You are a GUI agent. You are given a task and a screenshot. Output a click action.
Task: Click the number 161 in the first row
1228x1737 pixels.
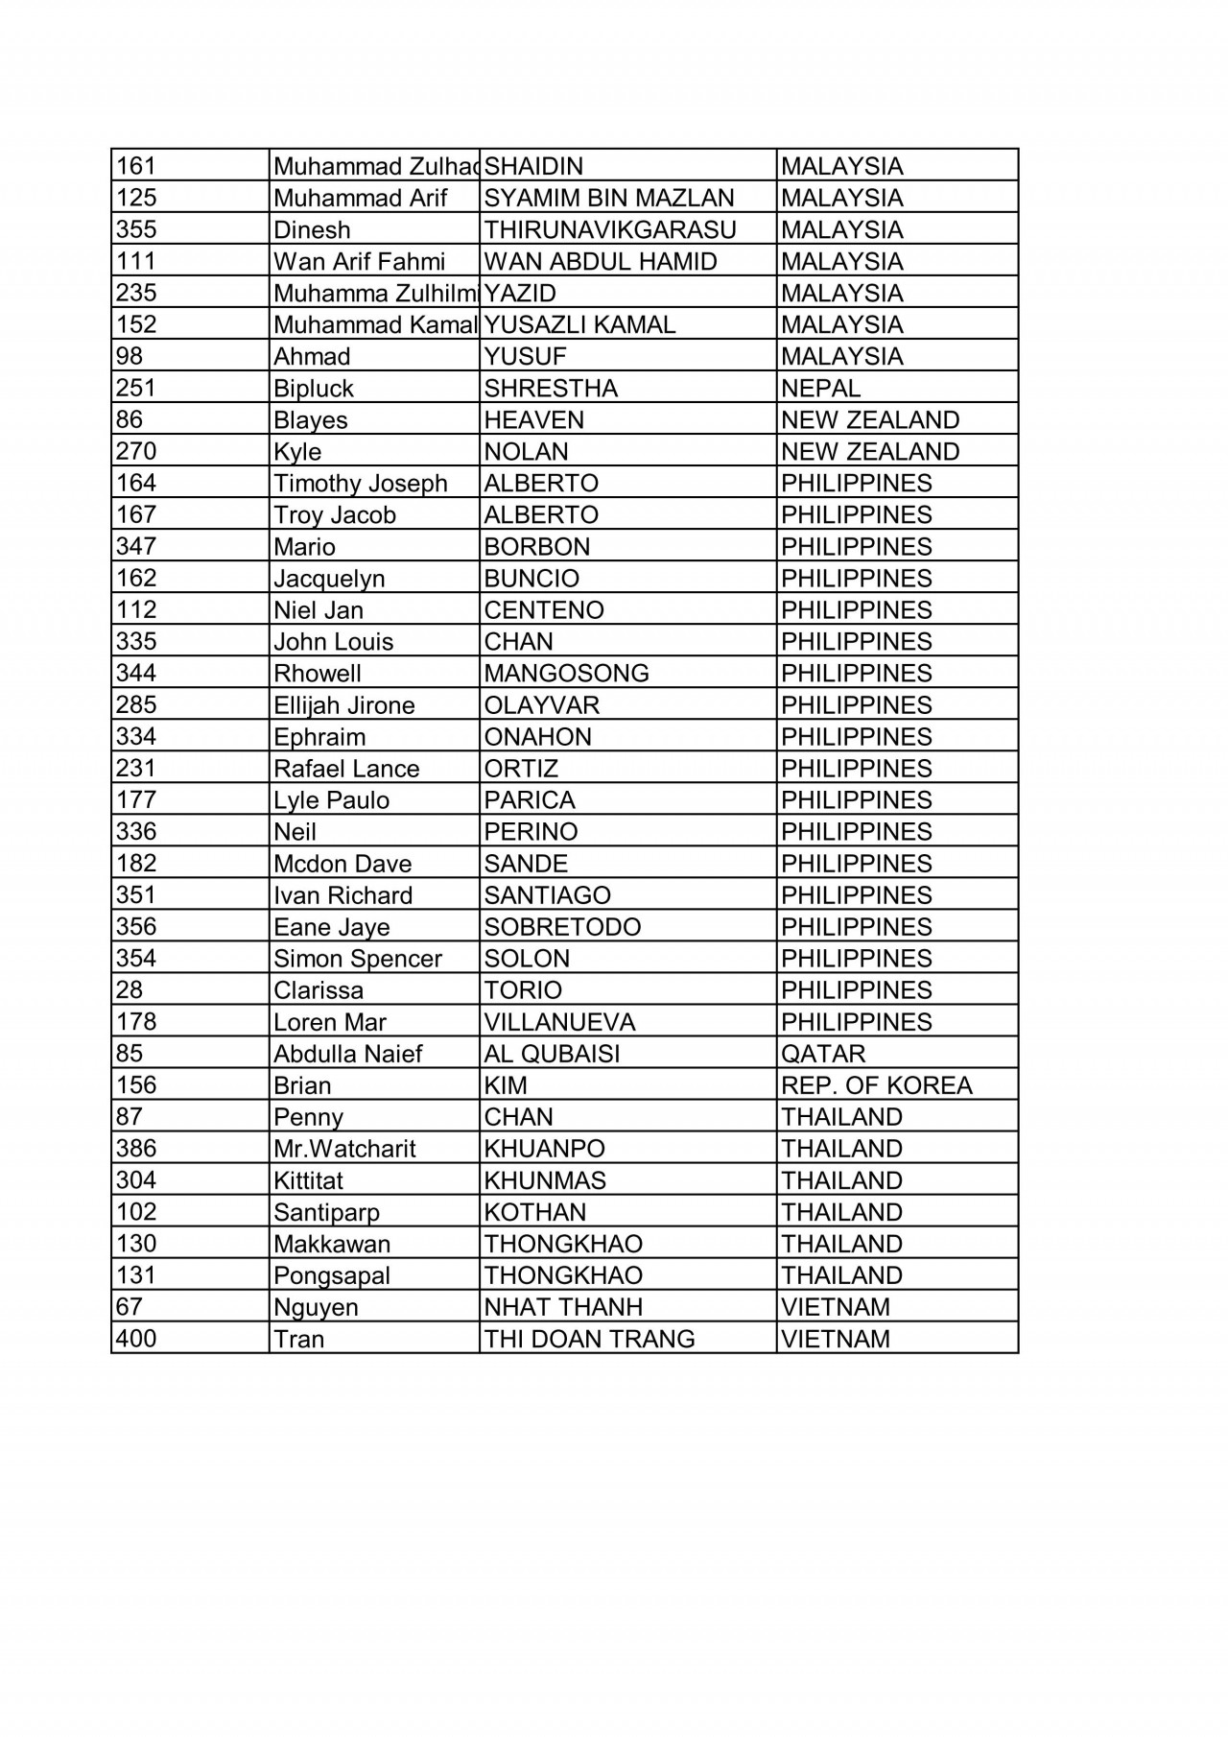tap(136, 166)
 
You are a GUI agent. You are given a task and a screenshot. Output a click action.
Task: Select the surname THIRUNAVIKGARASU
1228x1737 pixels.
tap(610, 229)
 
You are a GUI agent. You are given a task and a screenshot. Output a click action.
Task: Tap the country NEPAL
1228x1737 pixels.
tap(820, 388)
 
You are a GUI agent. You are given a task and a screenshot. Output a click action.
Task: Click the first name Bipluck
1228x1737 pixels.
tap(314, 389)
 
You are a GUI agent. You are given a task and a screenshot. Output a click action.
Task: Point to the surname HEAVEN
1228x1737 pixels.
tap(533, 419)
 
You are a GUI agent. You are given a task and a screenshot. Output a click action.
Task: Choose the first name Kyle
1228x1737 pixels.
tap(297, 452)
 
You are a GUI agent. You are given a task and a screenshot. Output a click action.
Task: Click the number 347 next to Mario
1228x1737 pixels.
tap(136, 546)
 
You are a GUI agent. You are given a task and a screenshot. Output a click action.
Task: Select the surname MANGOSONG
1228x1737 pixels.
tap(566, 673)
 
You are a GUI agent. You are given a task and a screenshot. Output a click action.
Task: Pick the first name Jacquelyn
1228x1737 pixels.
tap(329, 579)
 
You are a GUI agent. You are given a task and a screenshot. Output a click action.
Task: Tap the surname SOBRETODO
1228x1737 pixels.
tap(562, 926)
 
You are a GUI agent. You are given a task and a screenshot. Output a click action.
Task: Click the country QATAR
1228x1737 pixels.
tap(823, 1053)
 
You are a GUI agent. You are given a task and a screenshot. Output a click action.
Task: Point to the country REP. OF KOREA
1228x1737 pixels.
tap(876, 1084)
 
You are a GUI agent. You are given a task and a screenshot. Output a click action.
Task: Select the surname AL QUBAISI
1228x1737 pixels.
tap(552, 1053)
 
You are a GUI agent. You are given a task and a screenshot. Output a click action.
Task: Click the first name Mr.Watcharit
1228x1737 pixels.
tap(344, 1149)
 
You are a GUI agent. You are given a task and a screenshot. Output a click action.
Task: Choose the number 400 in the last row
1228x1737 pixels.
tap(136, 1338)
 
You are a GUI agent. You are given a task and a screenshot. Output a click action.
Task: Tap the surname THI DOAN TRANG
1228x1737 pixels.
tap(589, 1338)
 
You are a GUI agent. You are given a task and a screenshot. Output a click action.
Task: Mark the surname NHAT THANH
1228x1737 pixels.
tap(563, 1306)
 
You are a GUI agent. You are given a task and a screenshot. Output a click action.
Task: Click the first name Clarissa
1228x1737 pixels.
tap(319, 989)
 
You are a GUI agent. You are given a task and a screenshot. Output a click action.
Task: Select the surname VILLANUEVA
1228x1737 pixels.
tap(559, 1021)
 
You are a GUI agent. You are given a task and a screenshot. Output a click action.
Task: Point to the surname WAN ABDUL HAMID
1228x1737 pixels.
tap(601, 261)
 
